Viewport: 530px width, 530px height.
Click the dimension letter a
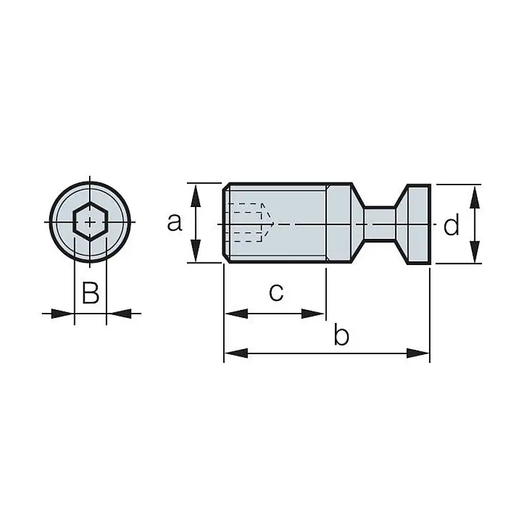click(x=175, y=222)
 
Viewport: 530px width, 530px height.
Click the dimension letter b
click(x=341, y=337)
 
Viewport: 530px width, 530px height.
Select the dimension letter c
click(x=276, y=292)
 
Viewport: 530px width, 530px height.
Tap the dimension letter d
click(x=451, y=225)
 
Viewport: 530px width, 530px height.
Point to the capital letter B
click(x=90, y=292)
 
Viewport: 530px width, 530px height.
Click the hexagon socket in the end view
click(x=90, y=221)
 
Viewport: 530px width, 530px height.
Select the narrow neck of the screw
click(x=379, y=223)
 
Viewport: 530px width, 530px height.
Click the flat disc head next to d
click(x=417, y=223)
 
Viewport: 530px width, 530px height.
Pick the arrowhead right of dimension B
click(x=118, y=314)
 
